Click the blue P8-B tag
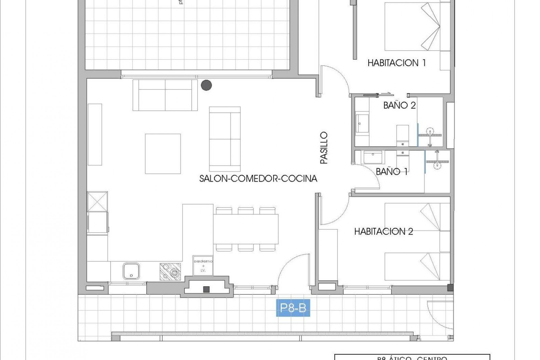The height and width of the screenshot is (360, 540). pyautogui.click(x=293, y=309)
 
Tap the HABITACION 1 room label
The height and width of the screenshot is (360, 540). pyautogui.click(x=397, y=63)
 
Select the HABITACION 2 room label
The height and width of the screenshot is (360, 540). pyautogui.click(x=384, y=231)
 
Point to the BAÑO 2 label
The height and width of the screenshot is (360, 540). pyautogui.click(x=399, y=105)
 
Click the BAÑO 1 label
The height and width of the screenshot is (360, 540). pyautogui.click(x=392, y=172)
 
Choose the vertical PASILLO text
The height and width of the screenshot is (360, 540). pyautogui.click(x=324, y=148)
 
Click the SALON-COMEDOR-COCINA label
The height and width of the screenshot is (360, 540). pyautogui.click(x=258, y=178)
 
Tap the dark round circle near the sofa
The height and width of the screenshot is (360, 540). pyautogui.click(x=206, y=85)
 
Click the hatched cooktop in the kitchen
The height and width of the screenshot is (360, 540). pyautogui.click(x=170, y=271)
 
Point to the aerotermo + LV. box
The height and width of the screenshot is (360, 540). pyautogui.click(x=202, y=265)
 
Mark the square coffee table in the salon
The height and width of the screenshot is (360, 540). pyautogui.click(x=163, y=154)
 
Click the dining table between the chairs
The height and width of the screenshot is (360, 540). pyautogui.click(x=246, y=229)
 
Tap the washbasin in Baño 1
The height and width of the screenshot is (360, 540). pyautogui.click(x=373, y=157)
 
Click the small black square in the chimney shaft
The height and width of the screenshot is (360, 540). pyautogui.click(x=206, y=289)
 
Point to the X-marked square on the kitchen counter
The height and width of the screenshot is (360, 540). pyautogui.click(x=97, y=202)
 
